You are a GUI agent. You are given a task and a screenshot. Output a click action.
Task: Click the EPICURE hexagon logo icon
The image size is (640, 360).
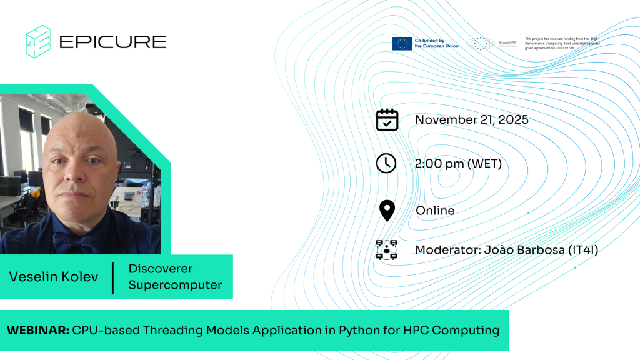(38, 41)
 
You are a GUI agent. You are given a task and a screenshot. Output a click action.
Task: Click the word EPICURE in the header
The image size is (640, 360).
(112, 42)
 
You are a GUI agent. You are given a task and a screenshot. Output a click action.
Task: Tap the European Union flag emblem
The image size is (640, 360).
(401, 43)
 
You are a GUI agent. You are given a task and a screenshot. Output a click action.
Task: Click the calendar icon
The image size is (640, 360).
(387, 119)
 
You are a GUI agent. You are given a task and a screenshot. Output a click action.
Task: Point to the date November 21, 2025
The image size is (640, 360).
(471, 119)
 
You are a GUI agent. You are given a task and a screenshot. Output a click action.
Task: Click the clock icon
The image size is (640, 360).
(386, 163)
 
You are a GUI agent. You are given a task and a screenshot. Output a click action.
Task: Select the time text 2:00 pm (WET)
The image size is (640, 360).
(458, 164)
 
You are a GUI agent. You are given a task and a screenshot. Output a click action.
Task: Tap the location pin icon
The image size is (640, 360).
(387, 211)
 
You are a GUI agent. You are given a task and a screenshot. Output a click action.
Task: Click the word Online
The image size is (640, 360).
(435, 211)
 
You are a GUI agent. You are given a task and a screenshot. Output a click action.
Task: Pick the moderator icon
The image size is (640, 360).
(387, 250)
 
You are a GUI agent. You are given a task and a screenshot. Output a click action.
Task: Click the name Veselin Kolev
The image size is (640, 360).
(54, 276)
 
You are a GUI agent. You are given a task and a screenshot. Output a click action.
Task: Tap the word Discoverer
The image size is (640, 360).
(161, 269)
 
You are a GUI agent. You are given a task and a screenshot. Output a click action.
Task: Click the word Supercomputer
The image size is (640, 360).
(175, 285)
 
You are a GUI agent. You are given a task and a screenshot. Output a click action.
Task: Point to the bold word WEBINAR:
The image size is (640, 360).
(37, 330)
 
